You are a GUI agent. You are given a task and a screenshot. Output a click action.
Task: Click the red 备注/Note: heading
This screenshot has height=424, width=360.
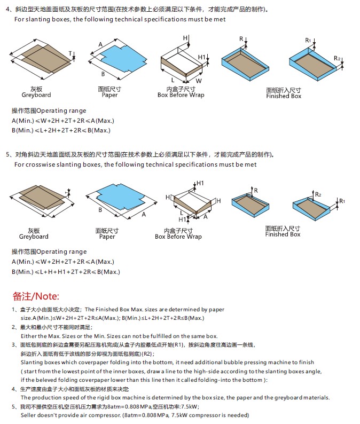[x=36, y=296]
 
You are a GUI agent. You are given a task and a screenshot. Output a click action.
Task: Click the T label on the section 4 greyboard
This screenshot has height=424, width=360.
[x=71, y=53]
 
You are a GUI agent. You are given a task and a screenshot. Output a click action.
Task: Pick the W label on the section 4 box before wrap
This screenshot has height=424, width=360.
[x=199, y=81]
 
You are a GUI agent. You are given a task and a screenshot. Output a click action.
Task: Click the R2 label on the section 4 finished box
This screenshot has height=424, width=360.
[x=337, y=58]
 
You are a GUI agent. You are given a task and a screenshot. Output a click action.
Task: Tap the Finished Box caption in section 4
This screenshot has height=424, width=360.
[x=284, y=96]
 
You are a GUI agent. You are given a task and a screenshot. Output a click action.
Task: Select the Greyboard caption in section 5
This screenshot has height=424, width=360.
[x=34, y=237]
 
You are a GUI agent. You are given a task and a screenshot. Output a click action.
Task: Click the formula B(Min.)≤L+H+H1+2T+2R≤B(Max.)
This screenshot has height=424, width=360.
[x=66, y=272]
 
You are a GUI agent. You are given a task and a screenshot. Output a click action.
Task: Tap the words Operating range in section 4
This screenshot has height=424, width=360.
[x=61, y=111]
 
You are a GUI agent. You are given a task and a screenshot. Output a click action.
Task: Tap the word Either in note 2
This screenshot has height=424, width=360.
[x=29, y=336]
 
